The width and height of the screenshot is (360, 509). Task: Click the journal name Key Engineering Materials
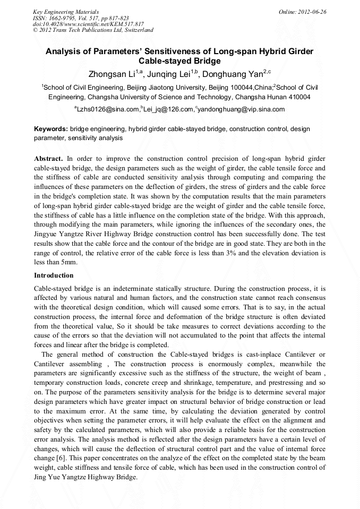66,11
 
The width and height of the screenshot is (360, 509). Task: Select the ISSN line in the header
81,18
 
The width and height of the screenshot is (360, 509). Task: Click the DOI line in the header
88,24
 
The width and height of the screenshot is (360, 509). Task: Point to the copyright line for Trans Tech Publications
93,30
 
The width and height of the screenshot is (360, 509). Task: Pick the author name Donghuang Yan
233,73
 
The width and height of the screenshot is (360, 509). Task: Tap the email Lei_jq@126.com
167,110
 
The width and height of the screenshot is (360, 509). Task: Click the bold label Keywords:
50,129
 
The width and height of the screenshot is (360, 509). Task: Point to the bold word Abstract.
48,159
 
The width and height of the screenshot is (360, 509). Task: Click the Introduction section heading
54,275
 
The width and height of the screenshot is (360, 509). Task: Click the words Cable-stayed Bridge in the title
179,61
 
